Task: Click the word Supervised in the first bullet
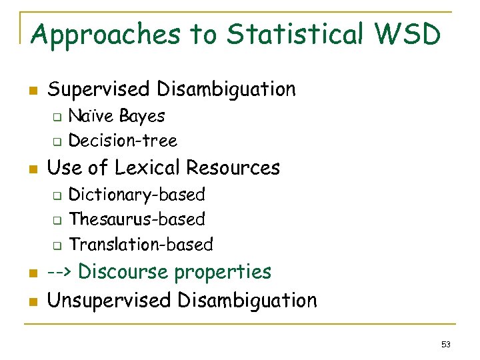tap(99, 89)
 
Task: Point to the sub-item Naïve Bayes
tap(117, 116)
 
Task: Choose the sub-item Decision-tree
tap(123, 141)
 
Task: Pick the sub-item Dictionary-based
tap(137, 195)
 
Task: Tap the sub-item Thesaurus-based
tap(137, 219)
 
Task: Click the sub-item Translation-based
tap(141, 245)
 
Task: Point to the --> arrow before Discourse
tap(61, 273)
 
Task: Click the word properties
tap(223, 273)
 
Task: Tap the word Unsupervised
tap(109, 301)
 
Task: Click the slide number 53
tap(446, 345)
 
